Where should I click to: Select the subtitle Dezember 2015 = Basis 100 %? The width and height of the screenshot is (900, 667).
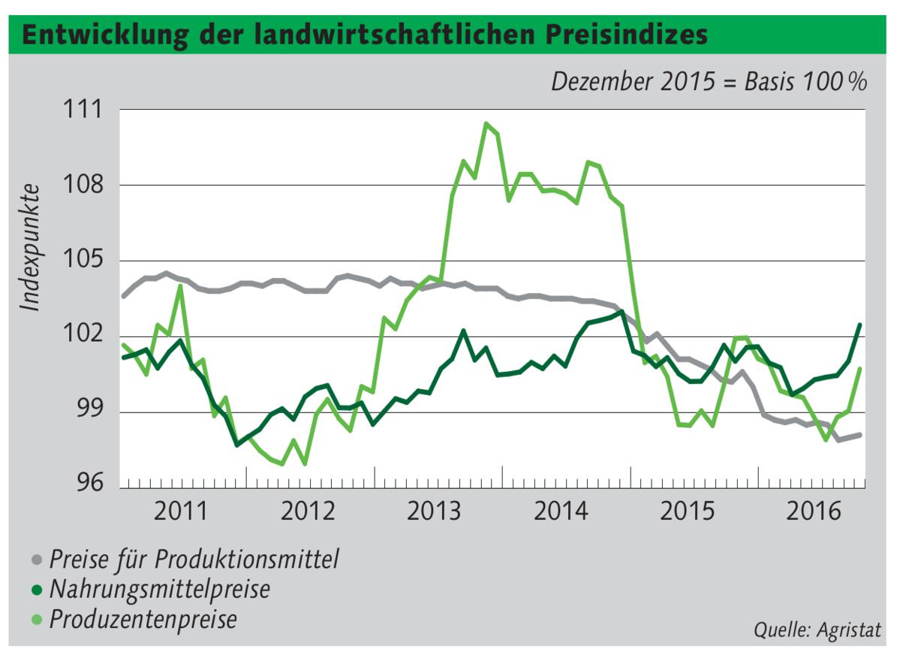pyautogui.click(x=709, y=81)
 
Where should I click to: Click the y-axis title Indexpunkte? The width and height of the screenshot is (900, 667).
pyautogui.click(x=30, y=247)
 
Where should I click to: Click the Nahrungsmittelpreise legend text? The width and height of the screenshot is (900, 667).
pyautogui.click(x=159, y=590)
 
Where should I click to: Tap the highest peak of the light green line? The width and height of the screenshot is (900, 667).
pyautogui.click(x=486, y=123)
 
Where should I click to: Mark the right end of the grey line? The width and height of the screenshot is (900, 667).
pyautogui.click(x=859, y=435)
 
